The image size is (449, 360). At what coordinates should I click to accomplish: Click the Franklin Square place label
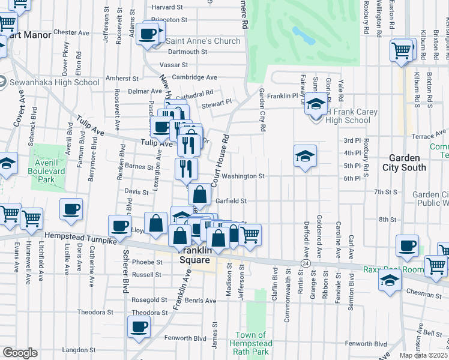pyautogui.click(x=195, y=255)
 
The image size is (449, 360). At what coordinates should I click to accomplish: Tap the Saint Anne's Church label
pyautogui.click(x=203, y=41)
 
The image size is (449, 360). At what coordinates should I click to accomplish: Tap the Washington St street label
pyautogui.click(x=243, y=176)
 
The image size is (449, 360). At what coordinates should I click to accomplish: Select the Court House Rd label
pyautogui.click(x=221, y=158)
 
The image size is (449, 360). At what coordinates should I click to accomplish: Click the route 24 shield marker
pyautogui.click(x=305, y=263)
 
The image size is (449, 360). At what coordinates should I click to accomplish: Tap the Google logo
pyautogui.click(x=20, y=353)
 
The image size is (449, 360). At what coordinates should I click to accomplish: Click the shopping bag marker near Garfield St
pyautogui.click(x=200, y=194)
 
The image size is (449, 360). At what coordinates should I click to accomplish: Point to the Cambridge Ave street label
pyautogui.click(x=194, y=77)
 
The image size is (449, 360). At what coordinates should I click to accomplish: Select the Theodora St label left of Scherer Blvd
pyautogui.click(x=92, y=313)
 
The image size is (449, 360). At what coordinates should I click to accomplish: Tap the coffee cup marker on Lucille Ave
pyautogui.click(x=71, y=209)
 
